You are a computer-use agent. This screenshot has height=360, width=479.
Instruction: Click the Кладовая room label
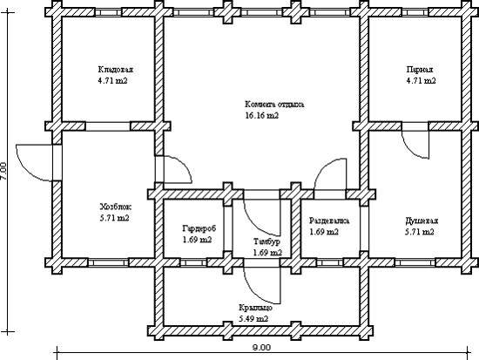coord(116,70)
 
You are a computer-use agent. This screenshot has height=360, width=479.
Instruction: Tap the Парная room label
coord(420,70)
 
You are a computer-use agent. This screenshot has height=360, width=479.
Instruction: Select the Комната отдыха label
coord(274,105)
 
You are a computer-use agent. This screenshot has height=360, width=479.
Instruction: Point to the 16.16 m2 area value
coord(262,116)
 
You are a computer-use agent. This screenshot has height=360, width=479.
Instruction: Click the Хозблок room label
coord(116,207)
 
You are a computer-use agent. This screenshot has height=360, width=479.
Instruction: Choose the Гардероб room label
coord(199,228)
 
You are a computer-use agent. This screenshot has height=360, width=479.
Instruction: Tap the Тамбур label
coord(267,241)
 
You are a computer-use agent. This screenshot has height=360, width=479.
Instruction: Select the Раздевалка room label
coord(329,221)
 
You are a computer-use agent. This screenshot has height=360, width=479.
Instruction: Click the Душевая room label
coord(422,221)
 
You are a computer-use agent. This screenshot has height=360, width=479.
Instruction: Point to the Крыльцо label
coord(255,308)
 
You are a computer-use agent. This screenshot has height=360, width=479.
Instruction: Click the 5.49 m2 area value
coord(253,319)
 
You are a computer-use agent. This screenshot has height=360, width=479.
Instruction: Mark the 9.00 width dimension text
coord(261,348)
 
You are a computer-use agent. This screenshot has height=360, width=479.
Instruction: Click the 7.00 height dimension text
coord(3,171)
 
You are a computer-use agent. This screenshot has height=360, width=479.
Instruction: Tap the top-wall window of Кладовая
coord(108,12)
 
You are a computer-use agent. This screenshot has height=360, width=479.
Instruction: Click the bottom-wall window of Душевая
coord(415,262)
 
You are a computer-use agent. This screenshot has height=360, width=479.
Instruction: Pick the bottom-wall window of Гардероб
coord(193,262)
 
